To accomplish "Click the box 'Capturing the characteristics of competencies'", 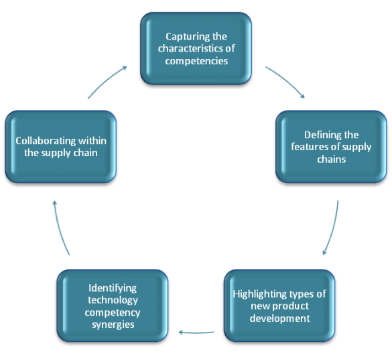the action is point(196,48).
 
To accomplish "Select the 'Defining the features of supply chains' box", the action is point(331,147).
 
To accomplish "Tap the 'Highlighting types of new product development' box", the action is point(279,306).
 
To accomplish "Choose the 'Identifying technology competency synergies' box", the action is point(113,306).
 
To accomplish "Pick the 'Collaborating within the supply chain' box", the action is point(61,147).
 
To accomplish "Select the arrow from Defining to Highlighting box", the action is point(333,228).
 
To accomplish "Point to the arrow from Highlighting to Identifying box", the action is point(196,333).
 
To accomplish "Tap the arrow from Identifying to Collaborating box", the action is point(60,228).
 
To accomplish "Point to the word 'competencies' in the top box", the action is point(196,61).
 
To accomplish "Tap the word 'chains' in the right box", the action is point(332,159).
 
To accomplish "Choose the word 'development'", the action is point(279,318).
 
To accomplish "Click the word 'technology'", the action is point(113,300).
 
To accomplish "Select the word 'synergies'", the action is point(113,324).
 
